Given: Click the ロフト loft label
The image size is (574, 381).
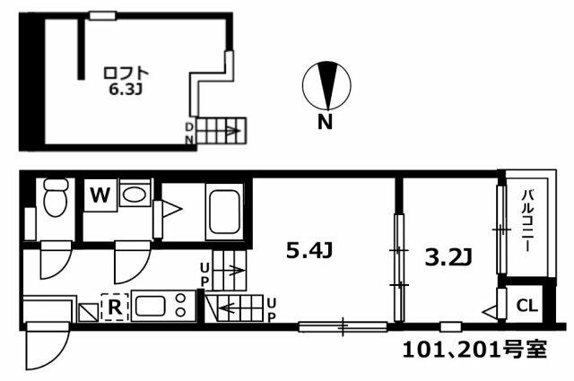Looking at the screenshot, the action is (126, 73).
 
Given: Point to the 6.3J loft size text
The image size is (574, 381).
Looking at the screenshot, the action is (126, 90).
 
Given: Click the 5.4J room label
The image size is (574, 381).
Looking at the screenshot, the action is (309, 251).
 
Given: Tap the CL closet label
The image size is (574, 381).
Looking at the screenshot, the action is (527, 306).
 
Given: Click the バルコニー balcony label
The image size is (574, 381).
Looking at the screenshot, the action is (527, 221).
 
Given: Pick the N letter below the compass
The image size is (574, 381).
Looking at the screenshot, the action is (325, 123).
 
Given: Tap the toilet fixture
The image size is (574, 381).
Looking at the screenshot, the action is (55, 197).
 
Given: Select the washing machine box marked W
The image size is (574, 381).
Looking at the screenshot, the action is (100, 195).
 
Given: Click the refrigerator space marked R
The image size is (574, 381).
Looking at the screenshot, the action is (115, 307).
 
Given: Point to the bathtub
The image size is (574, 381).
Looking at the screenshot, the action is (224, 212).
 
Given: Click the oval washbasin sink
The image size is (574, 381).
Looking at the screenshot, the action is (134, 194).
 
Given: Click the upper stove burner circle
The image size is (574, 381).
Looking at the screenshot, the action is (181, 298).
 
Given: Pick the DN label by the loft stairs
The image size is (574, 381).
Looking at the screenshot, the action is (189, 134).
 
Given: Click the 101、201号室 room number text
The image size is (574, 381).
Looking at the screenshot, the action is (474, 351).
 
